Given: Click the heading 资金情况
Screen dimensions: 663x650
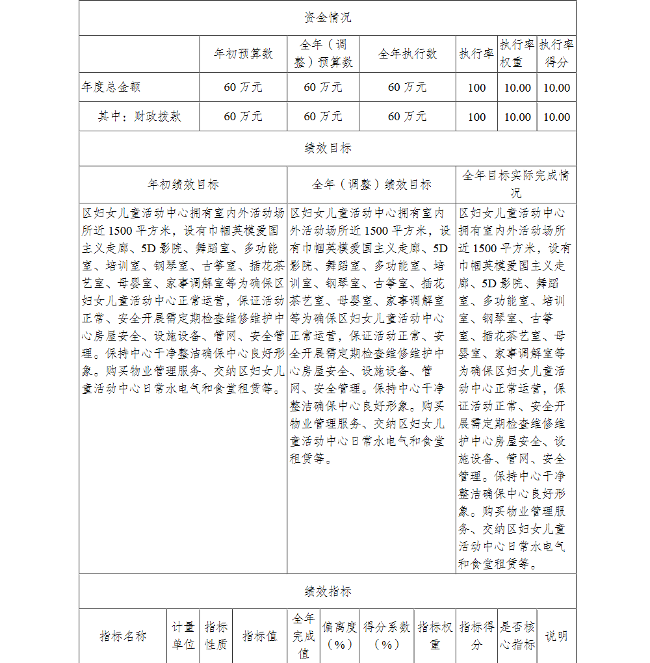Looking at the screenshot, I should (x=328, y=18).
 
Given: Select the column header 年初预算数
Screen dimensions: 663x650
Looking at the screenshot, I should (x=243, y=54).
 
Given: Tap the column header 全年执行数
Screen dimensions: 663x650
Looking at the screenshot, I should (x=408, y=54).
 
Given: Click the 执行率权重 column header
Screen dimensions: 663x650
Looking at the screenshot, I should (x=517, y=53).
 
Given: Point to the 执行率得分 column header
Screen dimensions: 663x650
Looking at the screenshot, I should (x=556, y=53).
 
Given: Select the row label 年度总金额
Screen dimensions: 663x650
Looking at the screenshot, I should (x=111, y=87).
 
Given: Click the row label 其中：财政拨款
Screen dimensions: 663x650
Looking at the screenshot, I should (x=139, y=116).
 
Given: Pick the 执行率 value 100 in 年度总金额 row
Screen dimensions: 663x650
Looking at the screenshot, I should (x=476, y=88).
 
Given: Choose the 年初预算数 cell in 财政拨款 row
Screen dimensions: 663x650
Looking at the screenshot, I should (x=243, y=116).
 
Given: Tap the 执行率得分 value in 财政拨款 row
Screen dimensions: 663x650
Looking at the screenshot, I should (x=556, y=117).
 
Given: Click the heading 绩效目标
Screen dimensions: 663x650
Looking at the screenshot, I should (x=328, y=148).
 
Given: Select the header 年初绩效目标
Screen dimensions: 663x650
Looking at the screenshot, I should (x=183, y=185).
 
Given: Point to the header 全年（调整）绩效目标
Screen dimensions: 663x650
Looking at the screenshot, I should (x=371, y=185).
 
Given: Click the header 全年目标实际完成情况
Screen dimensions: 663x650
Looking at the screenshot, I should (x=516, y=185).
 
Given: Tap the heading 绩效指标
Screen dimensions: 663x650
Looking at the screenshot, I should (x=328, y=591).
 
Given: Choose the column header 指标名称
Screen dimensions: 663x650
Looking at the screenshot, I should (x=123, y=636).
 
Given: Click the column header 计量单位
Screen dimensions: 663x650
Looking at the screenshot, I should (x=183, y=636).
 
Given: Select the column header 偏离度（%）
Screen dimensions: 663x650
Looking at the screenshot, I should (x=339, y=636).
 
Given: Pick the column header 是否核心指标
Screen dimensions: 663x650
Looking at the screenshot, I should (x=517, y=636).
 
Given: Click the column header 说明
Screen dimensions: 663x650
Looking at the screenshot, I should (x=556, y=636).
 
